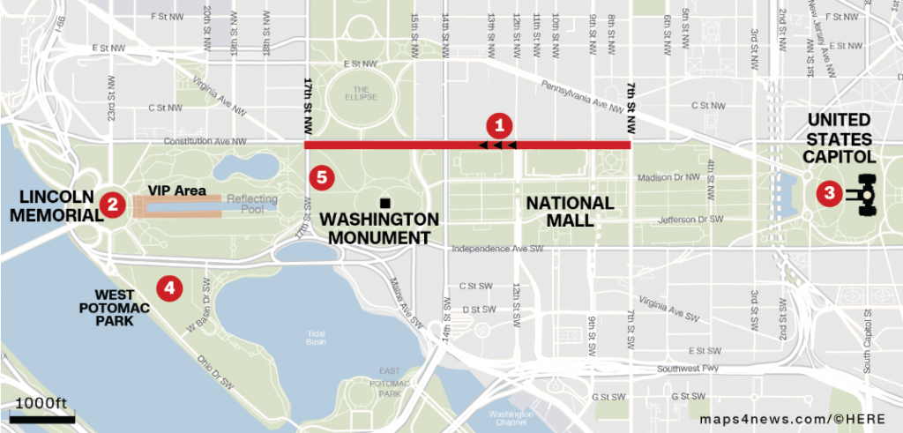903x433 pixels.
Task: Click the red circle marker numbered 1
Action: [x=500, y=124]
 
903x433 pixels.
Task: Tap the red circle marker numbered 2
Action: [x=112, y=205]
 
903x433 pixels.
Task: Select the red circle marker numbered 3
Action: [x=828, y=193]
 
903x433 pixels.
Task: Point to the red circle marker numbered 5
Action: [x=322, y=177]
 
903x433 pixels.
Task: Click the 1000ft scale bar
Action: [x=42, y=417]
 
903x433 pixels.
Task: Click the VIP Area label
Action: [x=177, y=190]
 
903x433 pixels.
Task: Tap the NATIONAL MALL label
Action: [x=570, y=211]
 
